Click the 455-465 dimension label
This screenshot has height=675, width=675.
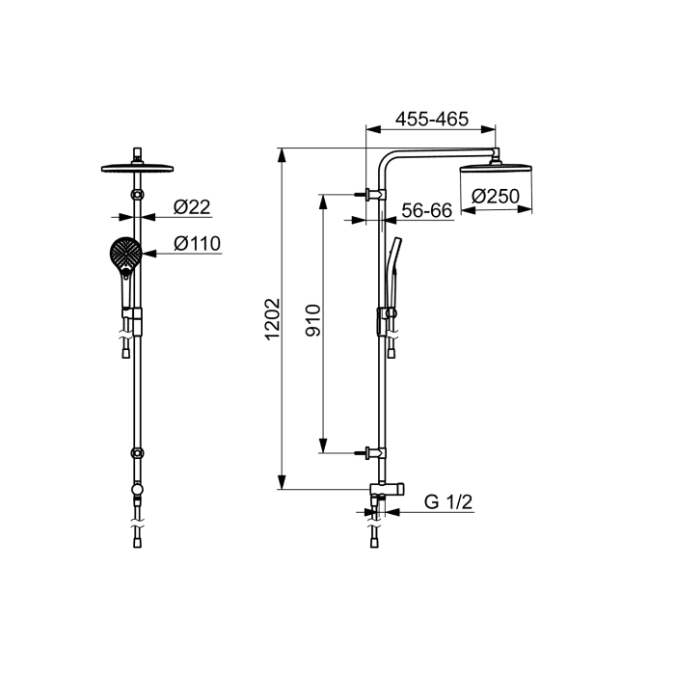pyautogui.click(x=432, y=120)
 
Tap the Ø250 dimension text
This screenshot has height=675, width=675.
pyautogui.click(x=496, y=197)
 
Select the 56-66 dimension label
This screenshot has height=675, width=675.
pyautogui.click(x=426, y=211)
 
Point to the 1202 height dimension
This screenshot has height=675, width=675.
pyautogui.click(x=272, y=319)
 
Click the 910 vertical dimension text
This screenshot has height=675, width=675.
pyautogui.click(x=313, y=320)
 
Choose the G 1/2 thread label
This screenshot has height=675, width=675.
pyautogui.click(x=448, y=502)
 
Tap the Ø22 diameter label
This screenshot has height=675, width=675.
pyautogui.click(x=192, y=207)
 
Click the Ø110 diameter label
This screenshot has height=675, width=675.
pyautogui.click(x=197, y=244)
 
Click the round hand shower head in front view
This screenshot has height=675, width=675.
pyautogui.click(x=125, y=254)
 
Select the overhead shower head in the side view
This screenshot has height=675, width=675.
pyautogui.click(x=496, y=169)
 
